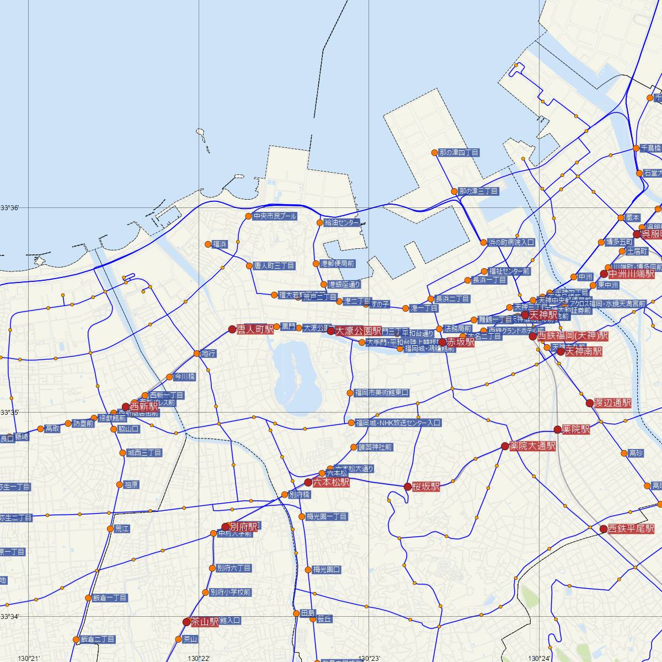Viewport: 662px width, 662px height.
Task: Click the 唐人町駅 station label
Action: point(255,329)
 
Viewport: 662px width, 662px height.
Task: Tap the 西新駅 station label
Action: point(143,406)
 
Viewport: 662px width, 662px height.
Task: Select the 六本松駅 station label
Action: point(331,482)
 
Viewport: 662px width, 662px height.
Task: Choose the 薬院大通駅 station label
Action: point(532,446)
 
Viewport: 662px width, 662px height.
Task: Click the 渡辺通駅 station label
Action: point(612,403)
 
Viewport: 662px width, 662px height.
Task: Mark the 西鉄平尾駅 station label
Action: point(631,528)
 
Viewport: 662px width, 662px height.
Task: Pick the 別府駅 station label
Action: point(243,526)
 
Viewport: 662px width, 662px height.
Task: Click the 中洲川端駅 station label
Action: point(631,273)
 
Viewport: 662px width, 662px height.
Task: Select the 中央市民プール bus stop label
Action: point(275,216)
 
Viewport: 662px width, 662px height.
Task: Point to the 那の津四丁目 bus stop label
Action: point(459,152)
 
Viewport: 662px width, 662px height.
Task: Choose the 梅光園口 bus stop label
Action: point(327,569)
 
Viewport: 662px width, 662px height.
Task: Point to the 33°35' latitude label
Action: point(10,412)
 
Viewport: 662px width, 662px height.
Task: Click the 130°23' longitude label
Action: point(369,658)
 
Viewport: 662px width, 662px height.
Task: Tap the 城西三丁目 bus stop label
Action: point(144,453)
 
